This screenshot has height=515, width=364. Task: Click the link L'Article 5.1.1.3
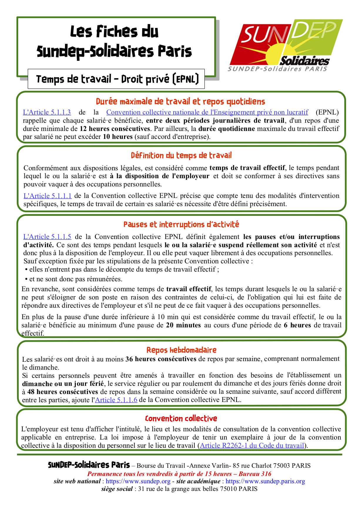coord(47,112)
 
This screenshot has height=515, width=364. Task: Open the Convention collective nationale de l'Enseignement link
coord(207,112)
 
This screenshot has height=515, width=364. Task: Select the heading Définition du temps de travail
coord(181,155)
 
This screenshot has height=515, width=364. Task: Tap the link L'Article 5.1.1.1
coord(48,196)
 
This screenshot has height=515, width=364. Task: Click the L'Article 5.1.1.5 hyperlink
coord(47,237)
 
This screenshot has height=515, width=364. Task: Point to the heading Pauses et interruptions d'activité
coord(181,225)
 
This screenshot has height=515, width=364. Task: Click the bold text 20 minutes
coord(183,325)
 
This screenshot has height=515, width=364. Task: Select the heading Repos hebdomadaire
coord(181,350)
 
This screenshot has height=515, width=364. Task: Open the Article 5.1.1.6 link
coord(116,400)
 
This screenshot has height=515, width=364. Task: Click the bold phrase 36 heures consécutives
coord(161,359)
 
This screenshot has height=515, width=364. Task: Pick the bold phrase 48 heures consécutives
coord(63,392)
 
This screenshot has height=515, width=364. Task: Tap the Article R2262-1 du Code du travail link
coord(252,445)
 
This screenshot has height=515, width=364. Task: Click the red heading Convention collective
coord(181,418)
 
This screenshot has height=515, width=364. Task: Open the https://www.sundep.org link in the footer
coord(138,481)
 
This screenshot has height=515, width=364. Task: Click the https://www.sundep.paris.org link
coord(265,481)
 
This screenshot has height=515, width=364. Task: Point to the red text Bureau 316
coord(255,474)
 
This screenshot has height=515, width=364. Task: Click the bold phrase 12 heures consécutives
coord(115,129)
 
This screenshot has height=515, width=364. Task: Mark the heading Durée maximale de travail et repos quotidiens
coord(180,102)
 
